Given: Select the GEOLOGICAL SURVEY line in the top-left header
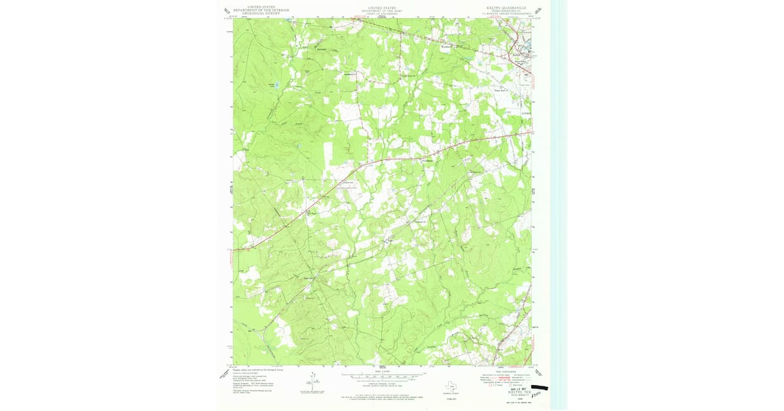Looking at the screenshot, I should coord(257,12).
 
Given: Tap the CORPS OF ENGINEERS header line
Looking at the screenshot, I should coord(382,13).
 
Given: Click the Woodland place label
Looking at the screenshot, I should coord(446,47).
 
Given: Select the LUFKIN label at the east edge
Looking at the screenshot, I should coord(527,113).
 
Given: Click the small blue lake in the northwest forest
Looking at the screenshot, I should coord(277,85).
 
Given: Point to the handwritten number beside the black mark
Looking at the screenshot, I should coord(537,395).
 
